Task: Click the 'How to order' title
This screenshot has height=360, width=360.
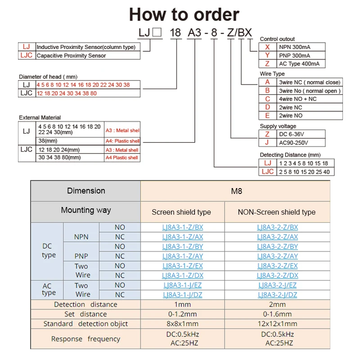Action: [x=184, y=15]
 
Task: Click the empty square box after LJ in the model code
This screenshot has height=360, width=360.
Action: [x=157, y=33]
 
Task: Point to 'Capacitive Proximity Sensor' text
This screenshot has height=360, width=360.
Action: [x=71, y=55]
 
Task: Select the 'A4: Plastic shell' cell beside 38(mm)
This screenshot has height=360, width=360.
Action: [x=122, y=141]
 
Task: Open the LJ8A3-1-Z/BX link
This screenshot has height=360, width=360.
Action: [x=183, y=227]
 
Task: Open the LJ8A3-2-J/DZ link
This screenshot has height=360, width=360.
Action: [x=277, y=295]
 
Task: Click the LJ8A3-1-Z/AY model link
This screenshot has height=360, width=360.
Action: [x=183, y=256]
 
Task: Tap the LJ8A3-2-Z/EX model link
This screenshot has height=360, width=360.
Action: [x=277, y=266]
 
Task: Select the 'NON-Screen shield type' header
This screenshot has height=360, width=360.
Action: [x=277, y=212]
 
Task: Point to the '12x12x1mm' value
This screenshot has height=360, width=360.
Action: [x=277, y=324]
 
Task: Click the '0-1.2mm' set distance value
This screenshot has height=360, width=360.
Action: [x=182, y=314]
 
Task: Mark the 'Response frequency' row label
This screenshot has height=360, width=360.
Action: [x=85, y=339]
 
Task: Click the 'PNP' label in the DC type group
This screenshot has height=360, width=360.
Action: [x=81, y=256]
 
